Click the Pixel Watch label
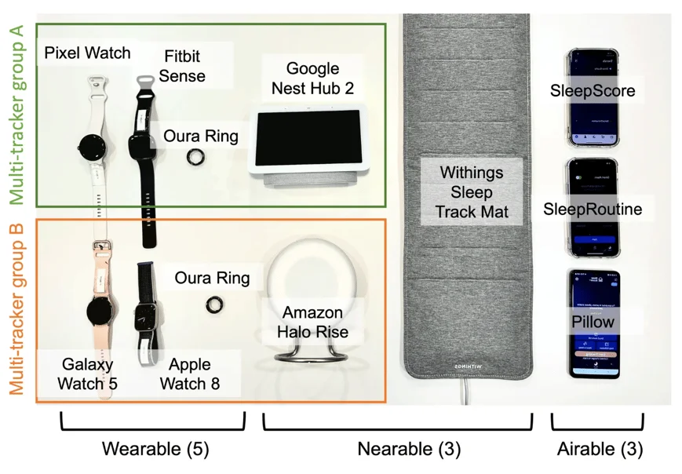87,53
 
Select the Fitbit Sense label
184,66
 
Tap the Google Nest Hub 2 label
312,78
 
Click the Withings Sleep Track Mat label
471,191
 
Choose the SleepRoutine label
593,209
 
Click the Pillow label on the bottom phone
593,323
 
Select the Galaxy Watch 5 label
87,374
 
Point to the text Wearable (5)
154,449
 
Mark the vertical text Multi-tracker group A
16,115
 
